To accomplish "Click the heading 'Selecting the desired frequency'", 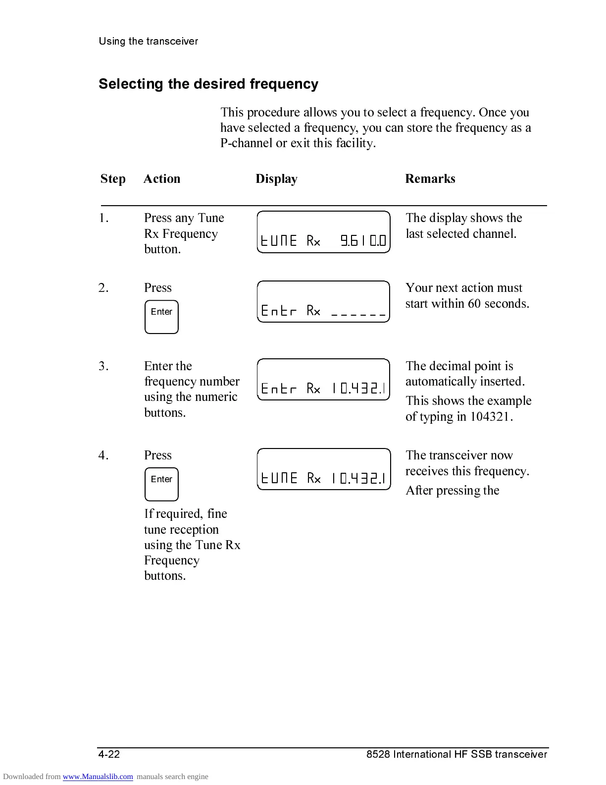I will coord(208,84).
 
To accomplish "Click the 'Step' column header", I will coord(113,179).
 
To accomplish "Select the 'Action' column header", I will coord(162,179).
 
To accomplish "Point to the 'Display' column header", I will coord(276,179).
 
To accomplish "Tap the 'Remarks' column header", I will coord(430,179).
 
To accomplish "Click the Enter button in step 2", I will coord(161,317).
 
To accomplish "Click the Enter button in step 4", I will coord(161,485).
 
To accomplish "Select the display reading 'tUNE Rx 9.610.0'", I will coord(324,232).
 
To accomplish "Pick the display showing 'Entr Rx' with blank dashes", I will coord(324,302).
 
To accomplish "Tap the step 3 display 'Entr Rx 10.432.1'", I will coord(324,380).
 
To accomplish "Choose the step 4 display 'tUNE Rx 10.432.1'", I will coord(324,469).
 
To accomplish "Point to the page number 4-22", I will coord(109,754).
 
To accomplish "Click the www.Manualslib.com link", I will coord(98,777).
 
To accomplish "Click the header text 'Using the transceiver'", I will coord(148,41).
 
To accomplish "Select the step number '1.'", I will coord(103,218).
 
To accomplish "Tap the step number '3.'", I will coord(103,366).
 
